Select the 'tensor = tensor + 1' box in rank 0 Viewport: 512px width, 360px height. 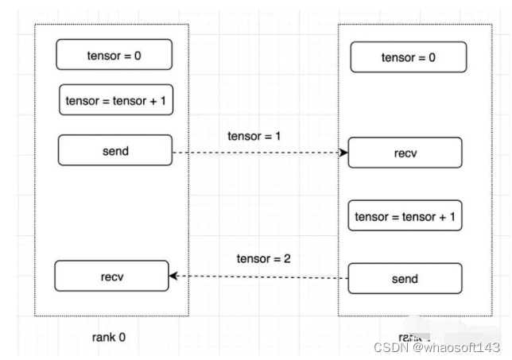[116, 100]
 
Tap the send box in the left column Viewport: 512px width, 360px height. [115, 150]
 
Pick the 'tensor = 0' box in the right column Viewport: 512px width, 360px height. [409, 57]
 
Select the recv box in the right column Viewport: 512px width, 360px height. [405, 153]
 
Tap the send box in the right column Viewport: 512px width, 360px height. [405, 279]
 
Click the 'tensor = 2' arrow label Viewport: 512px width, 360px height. [262, 259]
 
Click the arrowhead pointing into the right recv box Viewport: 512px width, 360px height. [345, 152]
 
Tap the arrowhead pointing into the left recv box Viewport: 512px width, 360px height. [173, 277]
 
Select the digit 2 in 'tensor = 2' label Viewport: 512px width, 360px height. [286, 259]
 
